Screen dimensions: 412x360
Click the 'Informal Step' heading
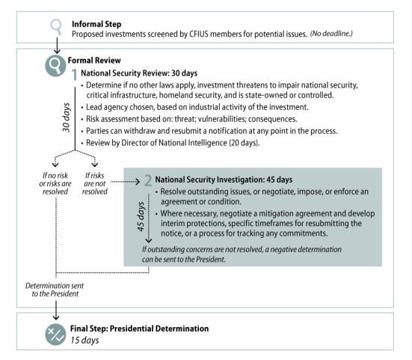pos(96,24)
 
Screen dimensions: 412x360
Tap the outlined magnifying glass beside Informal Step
pos(56,26)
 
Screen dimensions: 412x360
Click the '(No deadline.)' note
pos(331,34)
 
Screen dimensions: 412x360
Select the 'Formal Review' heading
pos(94,60)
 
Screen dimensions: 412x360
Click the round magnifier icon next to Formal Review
pos(55,66)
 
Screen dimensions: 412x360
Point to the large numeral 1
pos(75,74)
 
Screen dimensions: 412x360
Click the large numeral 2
pos(148,180)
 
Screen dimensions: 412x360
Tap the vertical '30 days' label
pos(67,118)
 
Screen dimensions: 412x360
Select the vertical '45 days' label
pos(141,217)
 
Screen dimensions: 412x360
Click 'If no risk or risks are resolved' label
pos(55,183)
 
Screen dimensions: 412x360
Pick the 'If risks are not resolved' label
pos(95,183)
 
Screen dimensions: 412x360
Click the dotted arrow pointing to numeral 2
pos(125,181)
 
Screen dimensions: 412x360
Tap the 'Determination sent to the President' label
pos(55,290)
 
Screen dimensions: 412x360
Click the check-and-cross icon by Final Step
pos(55,335)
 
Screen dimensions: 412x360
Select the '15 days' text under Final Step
pos(84,341)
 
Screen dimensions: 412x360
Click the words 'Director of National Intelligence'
pos(174,143)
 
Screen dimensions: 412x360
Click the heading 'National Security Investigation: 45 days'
pos(224,180)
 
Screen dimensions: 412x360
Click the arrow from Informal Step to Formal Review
pos(57,45)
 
